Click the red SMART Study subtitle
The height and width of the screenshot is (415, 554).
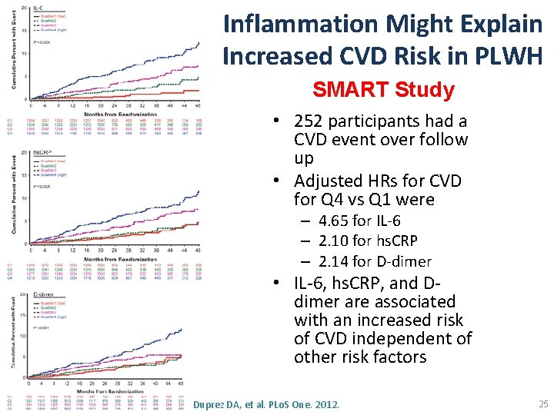(x=383, y=90)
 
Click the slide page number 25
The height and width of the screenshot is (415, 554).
(x=544, y=403)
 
